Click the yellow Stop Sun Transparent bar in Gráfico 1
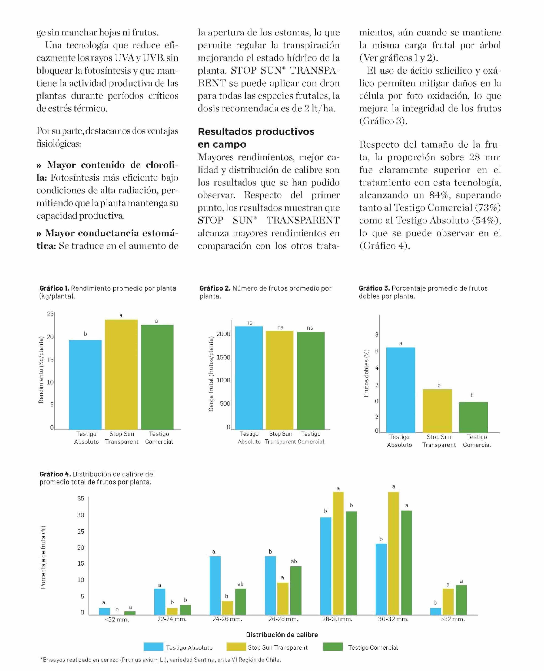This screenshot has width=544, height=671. pyautogui.click(x=121, y=374)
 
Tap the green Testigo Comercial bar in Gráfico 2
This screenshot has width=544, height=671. pyautogui.click(x=311, y=380)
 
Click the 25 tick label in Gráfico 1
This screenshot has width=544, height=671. pyautogui.click(x=50, y=314)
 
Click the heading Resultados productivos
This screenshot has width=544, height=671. pyautogui.click(x=256, y=132)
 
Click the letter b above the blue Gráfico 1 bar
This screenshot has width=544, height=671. pyautogui.click(x=85, y=334)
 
